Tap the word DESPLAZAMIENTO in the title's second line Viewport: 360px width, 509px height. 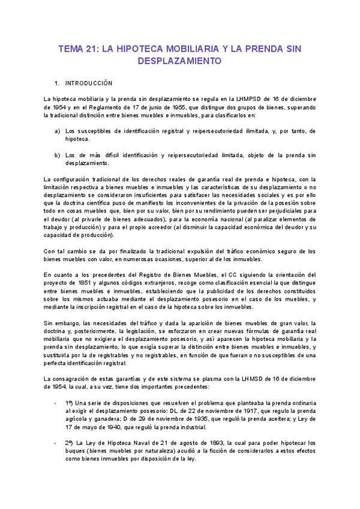pos(180,61)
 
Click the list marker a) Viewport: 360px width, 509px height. pos(57,131)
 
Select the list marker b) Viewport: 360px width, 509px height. pos(57,155)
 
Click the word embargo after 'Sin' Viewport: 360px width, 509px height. pos(68,323)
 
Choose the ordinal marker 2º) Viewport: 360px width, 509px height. pos(71,443)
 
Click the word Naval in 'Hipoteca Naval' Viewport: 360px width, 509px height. pos(139,443)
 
